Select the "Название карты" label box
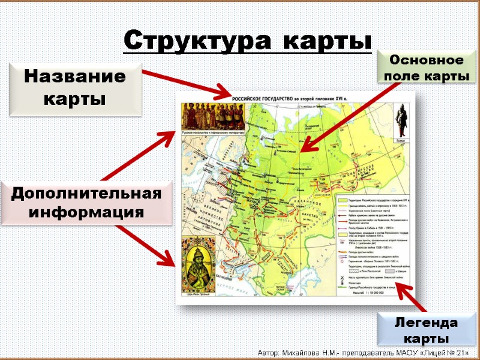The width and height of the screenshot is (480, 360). coord(75,88)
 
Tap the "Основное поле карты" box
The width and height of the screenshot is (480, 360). coord(426,68)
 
